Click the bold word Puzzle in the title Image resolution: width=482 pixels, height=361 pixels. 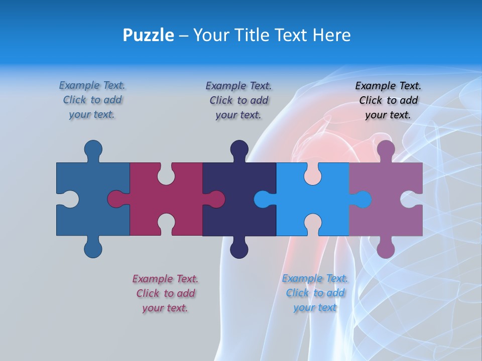148,35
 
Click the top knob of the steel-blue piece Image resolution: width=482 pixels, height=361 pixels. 93,149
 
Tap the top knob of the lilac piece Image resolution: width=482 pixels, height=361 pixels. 386,149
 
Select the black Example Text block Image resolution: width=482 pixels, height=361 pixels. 388,100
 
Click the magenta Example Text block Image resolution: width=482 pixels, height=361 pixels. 165,293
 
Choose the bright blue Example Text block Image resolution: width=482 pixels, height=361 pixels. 315,293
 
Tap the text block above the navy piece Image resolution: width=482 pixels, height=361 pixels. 238,100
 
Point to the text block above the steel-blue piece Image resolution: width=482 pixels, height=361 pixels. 92,100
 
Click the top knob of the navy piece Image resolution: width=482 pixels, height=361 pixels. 239,149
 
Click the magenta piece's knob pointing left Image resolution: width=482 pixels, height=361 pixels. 116,200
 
